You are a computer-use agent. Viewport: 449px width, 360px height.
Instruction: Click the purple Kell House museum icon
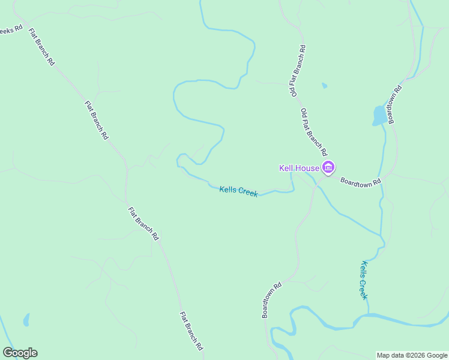[328, 167]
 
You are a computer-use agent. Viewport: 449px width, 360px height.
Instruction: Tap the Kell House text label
[299, 168]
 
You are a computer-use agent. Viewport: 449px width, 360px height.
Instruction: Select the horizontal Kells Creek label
[238, 191]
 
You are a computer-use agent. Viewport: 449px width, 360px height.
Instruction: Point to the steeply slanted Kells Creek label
[364, 280]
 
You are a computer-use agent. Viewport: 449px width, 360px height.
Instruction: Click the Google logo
[20, 353]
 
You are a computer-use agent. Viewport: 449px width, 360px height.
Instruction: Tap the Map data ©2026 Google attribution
[412, 355]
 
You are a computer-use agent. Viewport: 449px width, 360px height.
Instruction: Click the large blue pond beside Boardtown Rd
[379, 115]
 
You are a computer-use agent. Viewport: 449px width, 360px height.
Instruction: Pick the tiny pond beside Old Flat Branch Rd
[325, 86]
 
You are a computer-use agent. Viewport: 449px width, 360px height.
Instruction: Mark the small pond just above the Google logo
[26, 320]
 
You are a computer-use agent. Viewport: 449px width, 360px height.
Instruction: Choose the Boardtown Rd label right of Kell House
[361, 181]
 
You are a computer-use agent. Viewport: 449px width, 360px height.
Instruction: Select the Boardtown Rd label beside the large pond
[394, 103]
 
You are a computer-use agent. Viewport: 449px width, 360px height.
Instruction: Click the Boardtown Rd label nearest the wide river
[271, 300]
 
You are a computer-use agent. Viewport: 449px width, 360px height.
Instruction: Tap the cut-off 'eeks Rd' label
[11, 29]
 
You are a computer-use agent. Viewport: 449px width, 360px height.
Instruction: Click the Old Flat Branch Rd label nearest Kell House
[315, 132]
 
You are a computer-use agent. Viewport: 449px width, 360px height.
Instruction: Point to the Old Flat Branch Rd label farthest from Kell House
[298, 71]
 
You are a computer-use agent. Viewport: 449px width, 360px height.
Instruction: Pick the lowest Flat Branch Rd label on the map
[191, 331]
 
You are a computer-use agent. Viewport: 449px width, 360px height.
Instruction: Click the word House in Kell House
[308, 168]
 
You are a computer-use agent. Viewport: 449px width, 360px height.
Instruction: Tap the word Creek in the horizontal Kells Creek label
[247, 193]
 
